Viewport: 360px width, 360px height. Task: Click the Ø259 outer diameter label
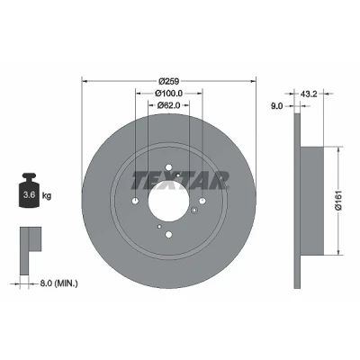tap(168, 81)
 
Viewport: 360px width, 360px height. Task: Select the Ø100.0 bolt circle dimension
tap(168, 94)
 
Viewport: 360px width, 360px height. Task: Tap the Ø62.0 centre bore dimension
tap(168, 105)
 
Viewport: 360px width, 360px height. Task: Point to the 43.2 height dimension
tap(309, 94)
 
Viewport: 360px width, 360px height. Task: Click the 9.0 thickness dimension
tap(276, 105)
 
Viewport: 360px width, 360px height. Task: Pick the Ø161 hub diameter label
tap(338, 201)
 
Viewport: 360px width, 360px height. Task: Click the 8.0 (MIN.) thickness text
tap(58, 283)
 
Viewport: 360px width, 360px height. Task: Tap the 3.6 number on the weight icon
tap(30, 194)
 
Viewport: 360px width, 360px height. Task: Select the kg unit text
tap(47, 196)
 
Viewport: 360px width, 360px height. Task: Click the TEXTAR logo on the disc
tap(180, 181)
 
